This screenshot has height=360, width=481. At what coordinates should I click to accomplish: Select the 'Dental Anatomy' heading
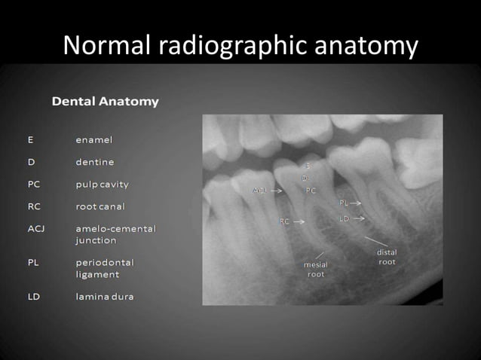pos(105,102)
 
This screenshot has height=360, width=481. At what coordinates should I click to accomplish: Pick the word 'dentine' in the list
pos(95,162)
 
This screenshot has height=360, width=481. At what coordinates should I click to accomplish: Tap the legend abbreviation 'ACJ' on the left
pos(35,228)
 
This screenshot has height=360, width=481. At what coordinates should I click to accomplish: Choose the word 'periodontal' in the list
pos(105,263)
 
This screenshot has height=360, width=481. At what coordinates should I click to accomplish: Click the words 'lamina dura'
pos(105,297)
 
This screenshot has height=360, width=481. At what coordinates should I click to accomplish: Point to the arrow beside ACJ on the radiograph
pos(277,191)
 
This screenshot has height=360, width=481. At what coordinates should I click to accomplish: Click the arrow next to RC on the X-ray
pos(299,222)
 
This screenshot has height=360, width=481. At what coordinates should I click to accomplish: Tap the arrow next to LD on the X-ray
pos(358,218)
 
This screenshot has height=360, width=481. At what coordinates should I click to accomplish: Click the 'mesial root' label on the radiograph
pos(316,270)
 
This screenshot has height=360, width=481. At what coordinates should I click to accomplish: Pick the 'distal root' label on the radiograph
pos(387,258)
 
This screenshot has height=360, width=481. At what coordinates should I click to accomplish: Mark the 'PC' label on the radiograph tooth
pos(311,191)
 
